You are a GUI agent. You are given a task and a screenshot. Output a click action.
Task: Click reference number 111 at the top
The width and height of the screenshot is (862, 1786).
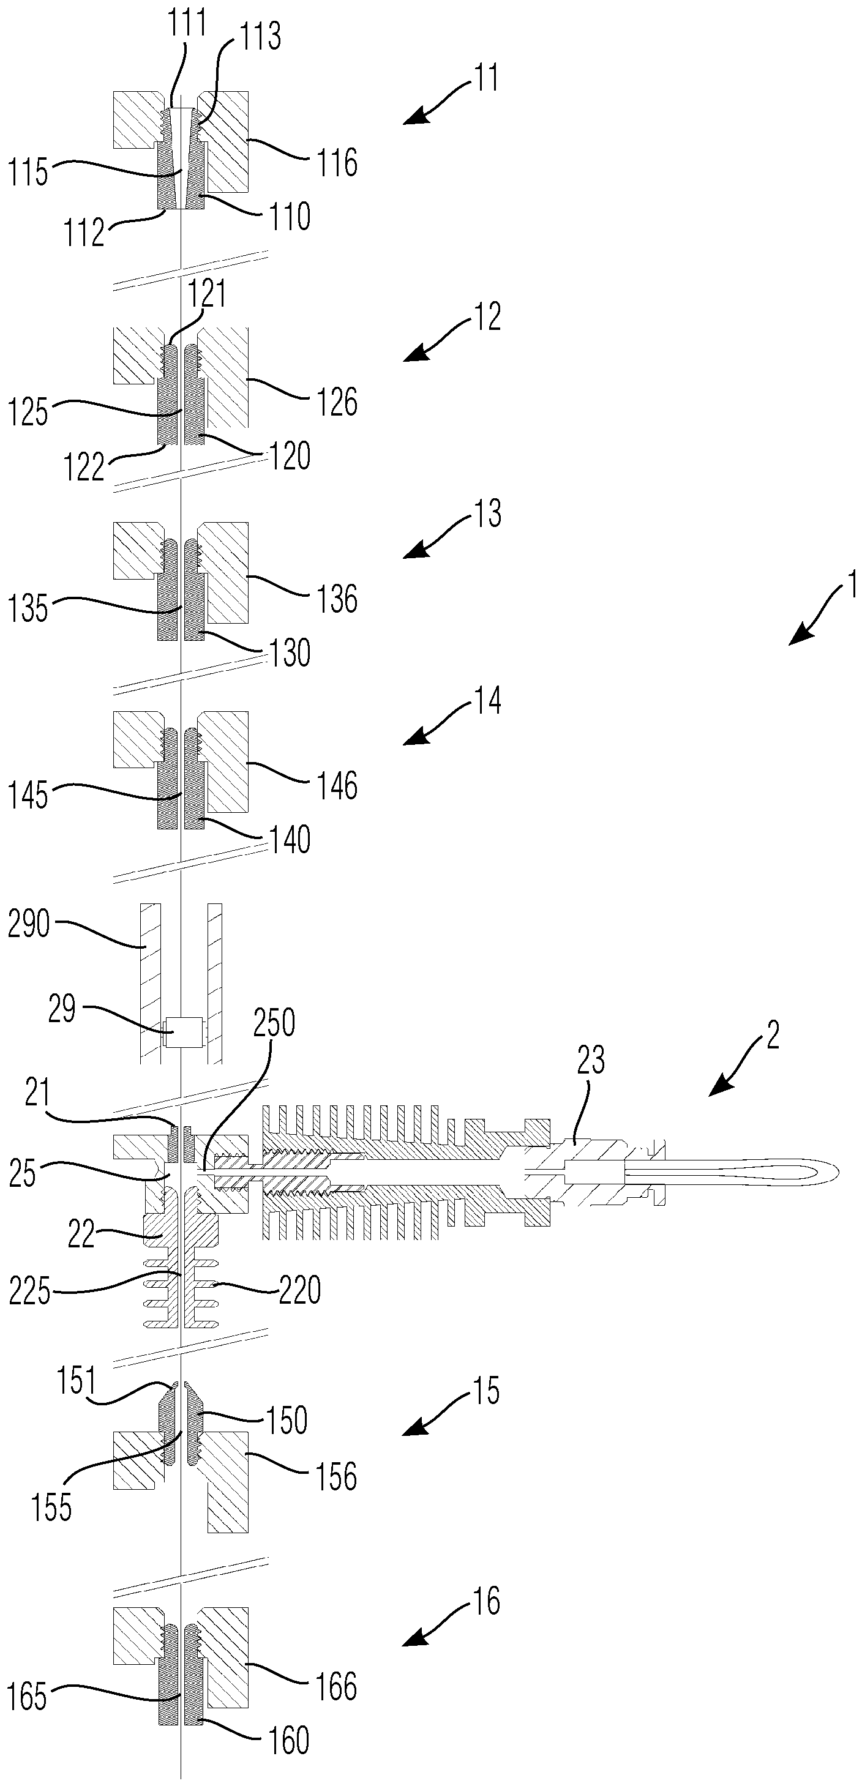[187, 23]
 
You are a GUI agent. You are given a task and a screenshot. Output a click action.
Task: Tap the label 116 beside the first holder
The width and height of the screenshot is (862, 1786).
[337, 163]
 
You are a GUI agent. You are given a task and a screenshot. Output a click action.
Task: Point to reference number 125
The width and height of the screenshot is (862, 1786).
[28, 413]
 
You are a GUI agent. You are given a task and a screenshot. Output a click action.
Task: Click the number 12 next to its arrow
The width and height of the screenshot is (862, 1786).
[487, 317]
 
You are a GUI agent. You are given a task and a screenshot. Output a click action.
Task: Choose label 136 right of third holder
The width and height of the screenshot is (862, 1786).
[337, 599]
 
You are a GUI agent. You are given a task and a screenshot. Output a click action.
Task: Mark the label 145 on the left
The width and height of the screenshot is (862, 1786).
[28, 795]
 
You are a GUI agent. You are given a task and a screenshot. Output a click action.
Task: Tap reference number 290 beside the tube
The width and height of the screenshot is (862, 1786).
[29, 924]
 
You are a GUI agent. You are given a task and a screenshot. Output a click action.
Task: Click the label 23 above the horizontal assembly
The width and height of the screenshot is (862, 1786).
[591, 1060]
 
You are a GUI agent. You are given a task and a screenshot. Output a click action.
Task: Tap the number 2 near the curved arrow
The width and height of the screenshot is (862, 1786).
[773, 1034]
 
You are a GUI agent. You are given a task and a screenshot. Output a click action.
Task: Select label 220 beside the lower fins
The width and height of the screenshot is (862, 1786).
[299, 1290]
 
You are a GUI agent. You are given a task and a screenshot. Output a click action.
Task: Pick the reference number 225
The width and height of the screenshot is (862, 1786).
[30, 1291]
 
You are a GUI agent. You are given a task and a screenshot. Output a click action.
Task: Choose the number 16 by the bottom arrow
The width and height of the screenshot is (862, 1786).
[486, 1601]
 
